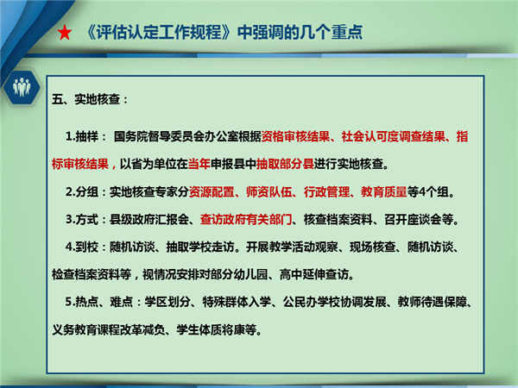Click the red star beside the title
pyautogui.click(x=65, y=33)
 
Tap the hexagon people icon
pyautogui.click(x=22, y=87)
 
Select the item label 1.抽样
pyautogui.click(x=82, y=136)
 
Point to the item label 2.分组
pyautogui.click(x=82, y=191)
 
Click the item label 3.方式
pyautogui.click(x=82, y=219)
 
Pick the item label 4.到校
pyautogui.click(x=82, y=247)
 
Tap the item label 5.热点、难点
pyautogui.click(x=98, y=302)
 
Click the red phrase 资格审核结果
pyautogui.click(x=295, y=136)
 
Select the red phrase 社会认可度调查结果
pyautogui.click(x=393, y=136)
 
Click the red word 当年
pyautogui.click(x=199, y=164)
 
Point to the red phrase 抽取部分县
pyautogui.click(x=285, y=164)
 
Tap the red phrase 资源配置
pyautogui.click(x=212, y=191)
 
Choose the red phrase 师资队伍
pyautogui.click(x=268, y=191)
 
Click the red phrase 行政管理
pyautogui.click(x=326, y=191)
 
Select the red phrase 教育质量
pyautogui.click(x=384, y=191)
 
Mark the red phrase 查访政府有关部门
pyautogui.click(x=246, y=219)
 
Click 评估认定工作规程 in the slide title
pyautogui.click(x=159, y=33)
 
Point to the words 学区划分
pyautogui.click(x=167, y=302)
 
